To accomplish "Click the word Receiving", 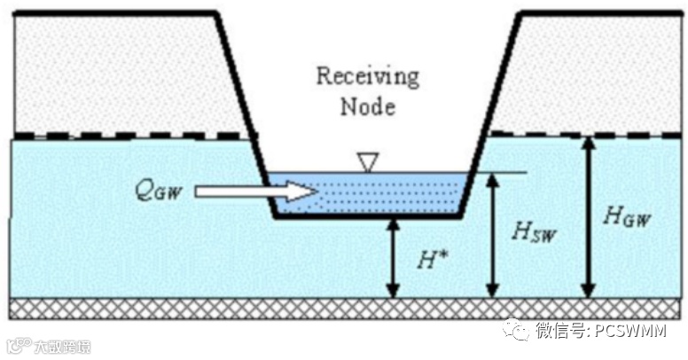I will click(x=367, y=76).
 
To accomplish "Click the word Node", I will click(x=367, y=106).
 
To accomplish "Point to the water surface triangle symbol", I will click(x=367, y=161).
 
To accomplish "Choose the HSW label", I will click(x=532, y=231).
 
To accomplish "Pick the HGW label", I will click(x=624, y=215).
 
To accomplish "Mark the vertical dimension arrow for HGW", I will click(x=586, y=217).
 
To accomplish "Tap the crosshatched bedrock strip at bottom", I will click(x=346, y=309).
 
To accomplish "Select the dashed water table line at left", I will click(x=124, y=137).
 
